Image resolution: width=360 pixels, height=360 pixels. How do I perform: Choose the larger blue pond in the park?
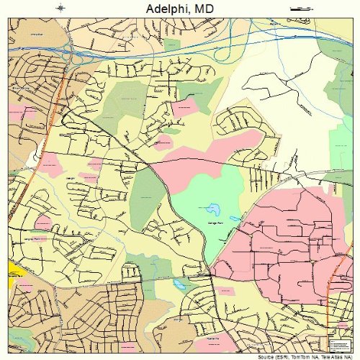point(214,209)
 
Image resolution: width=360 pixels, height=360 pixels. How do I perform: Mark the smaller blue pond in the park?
point(233,218)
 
